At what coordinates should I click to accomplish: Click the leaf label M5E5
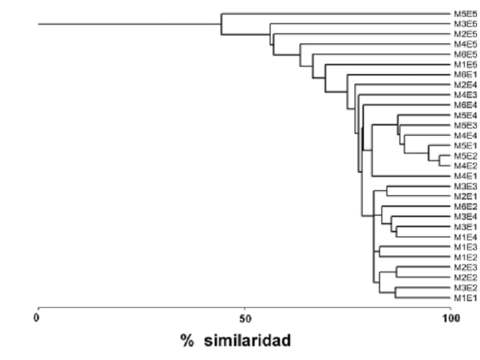pyautogui.click(x=465, y=14)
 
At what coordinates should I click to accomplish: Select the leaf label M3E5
pyautogui.click(x=465, y=24)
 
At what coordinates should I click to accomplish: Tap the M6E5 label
pyautogui.click(x=465, y=54)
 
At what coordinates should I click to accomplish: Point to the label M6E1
pyautogui.click(x=465, y=75)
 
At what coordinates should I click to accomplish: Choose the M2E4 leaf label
pyautogui.click(x=465, y=85)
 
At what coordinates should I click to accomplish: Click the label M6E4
pyautogui.click(x=465, y=105)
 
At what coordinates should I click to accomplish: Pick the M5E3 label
pyautogui.click(x=465, y=126)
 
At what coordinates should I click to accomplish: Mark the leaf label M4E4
pyautogui.click(x=465, y=136)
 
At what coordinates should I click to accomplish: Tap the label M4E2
pyautogui.click(x=465, y=166)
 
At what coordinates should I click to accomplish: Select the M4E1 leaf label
pyautogui.click(x=465, y=176)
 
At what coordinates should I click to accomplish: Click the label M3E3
pyautogui.click(x=465, y=187)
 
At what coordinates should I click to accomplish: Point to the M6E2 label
pyautogui.click(x=465, y=207)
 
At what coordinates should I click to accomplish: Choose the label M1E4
pyautogui.click(x=465, y=237)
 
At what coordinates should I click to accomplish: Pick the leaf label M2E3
pyautogui.click(x=465, y=267)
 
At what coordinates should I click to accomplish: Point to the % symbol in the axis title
pyautogui.click(x=187, y=340)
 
